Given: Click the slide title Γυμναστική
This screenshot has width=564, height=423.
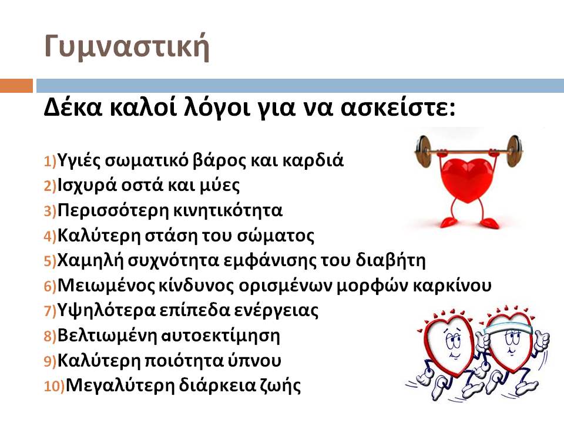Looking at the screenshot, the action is click(127, 47).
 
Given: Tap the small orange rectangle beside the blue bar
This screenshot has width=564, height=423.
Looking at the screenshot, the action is click(16, 86).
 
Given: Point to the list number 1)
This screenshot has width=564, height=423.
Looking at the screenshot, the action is click(50, 161).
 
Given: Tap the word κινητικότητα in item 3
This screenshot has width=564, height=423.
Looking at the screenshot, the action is click(226, 210).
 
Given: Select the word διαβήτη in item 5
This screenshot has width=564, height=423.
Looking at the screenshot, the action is click(391, 260).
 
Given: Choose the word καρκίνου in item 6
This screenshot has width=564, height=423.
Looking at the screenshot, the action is click(452, 286).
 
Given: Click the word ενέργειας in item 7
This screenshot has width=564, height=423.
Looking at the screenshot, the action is click(276, 311).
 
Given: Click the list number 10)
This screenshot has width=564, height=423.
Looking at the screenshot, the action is click(54, 387).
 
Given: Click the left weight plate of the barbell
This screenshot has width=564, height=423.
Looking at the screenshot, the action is click(424, 150).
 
